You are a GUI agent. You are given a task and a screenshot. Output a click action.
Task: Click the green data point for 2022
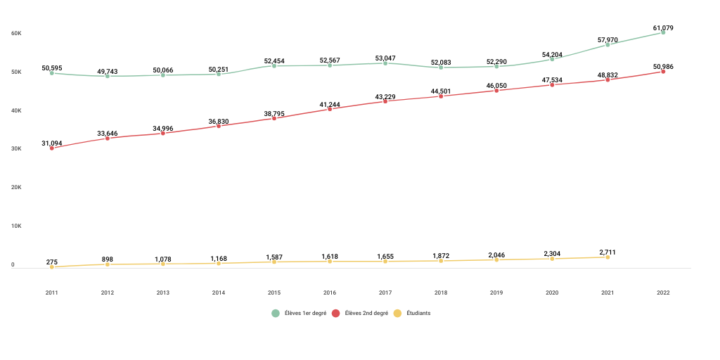click(663, 32)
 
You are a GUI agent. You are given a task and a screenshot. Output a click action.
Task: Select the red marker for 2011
click(52, 148)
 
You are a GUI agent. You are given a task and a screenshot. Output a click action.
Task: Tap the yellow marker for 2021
click(607, 257)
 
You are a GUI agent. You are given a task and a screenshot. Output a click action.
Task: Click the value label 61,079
click(663, 28)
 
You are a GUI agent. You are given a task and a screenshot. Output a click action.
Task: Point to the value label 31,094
click(52, 143)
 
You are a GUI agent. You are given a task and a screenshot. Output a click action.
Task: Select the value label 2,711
click(607, 252)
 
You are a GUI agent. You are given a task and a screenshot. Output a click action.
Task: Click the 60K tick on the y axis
click(16, 34)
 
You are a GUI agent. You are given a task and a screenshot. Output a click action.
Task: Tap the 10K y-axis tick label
click(16, 226)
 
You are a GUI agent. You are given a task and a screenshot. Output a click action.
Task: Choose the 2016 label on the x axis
click(330, 292)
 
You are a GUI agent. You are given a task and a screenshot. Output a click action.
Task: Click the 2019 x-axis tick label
click(496, 292)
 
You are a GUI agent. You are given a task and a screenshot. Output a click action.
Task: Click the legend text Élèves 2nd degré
click(366, 313)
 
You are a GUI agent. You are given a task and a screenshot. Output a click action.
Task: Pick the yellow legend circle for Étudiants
click(398, 313)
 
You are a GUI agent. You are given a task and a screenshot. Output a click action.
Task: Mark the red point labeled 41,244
click(330, 109)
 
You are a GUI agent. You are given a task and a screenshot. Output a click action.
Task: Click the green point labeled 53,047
click(385, 63)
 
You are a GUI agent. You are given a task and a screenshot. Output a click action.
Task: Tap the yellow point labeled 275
click(52, 267)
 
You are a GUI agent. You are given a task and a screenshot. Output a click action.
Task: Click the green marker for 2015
click(274, 66)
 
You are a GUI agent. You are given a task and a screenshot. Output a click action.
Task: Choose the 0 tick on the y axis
click(13, 265)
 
